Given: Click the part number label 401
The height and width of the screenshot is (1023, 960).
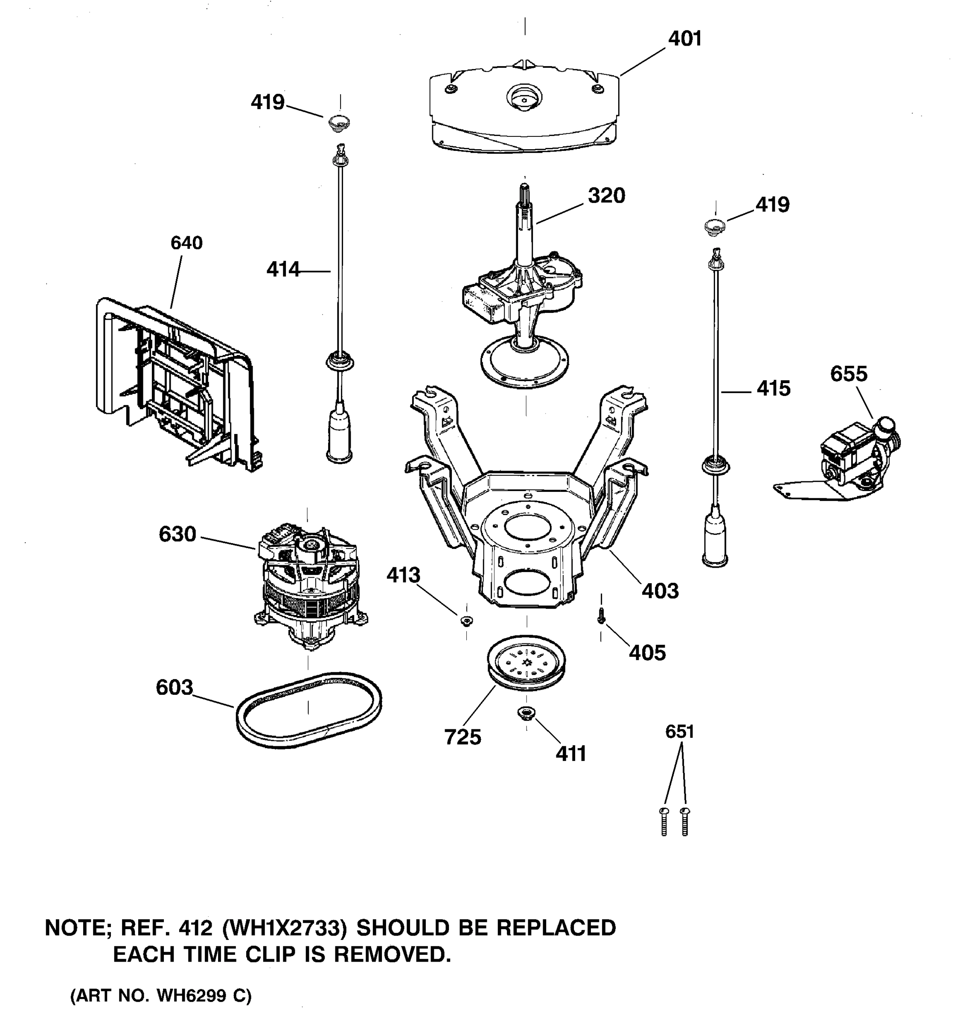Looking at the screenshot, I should tap(684, 39).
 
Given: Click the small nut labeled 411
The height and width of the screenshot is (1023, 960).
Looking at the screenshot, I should tap(526, 713).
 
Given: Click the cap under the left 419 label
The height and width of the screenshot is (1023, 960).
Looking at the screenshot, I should tap(339, 122).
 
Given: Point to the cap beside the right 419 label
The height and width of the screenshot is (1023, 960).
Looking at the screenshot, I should tap(715, 226).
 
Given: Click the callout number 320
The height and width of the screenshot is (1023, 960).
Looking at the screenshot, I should tap(606, 196).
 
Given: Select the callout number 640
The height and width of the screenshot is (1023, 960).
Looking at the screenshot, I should tap(186, 243).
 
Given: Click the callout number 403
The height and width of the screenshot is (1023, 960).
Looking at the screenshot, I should tap(660, 591).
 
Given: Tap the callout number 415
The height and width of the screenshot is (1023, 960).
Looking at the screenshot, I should tap(773, 388).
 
